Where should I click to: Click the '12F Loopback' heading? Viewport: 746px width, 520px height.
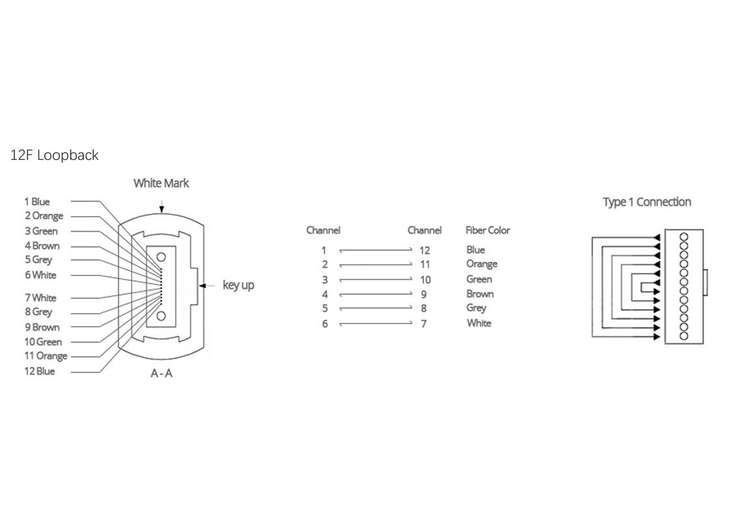coord(55,155)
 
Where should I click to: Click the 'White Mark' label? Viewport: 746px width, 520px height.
coord(161,183)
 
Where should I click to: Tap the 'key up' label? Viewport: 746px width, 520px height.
coord(238,285)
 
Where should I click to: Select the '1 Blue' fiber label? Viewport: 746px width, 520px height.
coord(37,201)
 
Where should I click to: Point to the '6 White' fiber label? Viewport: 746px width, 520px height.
coord(40,275)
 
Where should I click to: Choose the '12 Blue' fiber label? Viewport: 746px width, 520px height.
coord(40,371)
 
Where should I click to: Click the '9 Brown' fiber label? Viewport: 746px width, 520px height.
coord(42,327)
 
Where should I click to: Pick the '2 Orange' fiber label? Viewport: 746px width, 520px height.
coord(44,216)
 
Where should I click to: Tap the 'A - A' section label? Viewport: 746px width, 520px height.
coord(161,373)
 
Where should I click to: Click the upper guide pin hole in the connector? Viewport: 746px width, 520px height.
coord(161,256)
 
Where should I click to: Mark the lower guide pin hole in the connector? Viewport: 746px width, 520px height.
coord(161,317)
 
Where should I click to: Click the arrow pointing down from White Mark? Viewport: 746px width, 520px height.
coord(161,205)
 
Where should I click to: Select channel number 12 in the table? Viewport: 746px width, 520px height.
coord(424,250)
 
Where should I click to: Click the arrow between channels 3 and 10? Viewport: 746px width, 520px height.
coord(376,279)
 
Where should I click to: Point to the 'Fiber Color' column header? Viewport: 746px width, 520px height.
coord(488,230)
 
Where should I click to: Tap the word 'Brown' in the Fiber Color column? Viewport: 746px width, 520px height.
coord(480,294)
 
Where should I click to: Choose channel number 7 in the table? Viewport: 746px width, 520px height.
coord(424,324)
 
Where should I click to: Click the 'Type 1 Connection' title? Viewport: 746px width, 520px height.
coord(646,202)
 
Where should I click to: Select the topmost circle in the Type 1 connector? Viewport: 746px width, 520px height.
coord(684,237)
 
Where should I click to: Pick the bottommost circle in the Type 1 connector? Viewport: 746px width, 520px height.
coord(684,336)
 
